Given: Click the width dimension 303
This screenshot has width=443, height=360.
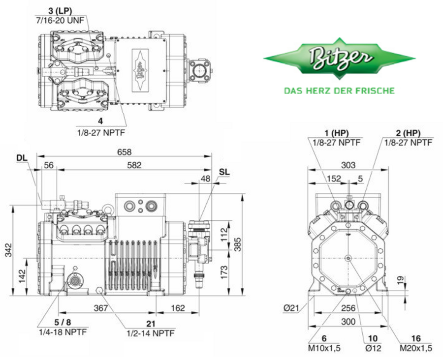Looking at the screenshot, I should (x=348, y=165).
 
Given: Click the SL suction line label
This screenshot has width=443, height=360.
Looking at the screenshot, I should (x=223, y=172).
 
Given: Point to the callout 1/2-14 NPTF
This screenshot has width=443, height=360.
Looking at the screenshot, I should (x=152, y=332).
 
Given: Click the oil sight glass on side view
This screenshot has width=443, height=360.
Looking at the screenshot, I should (x=75, y=280).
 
